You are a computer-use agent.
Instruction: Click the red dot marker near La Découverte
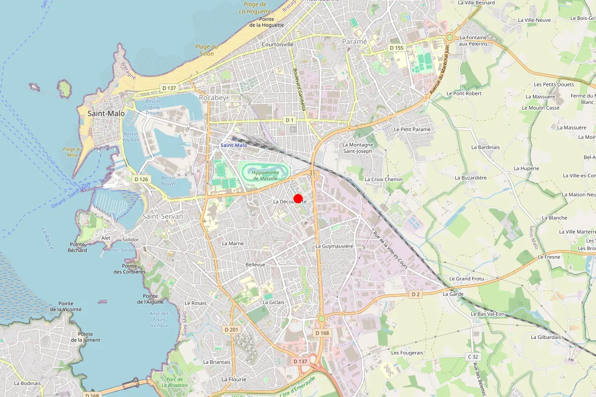tap(298, 198)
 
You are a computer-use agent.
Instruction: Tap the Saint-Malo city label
tap(106, 114)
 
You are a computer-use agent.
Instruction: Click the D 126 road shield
tap(141, 179)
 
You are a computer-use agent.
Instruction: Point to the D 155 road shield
tap(397, 48)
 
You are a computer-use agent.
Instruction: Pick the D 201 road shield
tap(231, 330)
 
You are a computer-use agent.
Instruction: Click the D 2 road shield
tap(416, 294)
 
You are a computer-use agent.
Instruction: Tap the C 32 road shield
tap(472, 357)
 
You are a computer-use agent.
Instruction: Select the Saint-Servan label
tap(163, 216)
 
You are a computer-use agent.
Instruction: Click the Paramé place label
tap(355, 42)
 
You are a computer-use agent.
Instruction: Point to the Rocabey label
tap(212, 98)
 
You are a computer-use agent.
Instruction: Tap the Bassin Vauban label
tap(131, 137)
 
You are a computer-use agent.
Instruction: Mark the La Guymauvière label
tap(334, 246)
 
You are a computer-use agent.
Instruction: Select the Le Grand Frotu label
tap(466, 279)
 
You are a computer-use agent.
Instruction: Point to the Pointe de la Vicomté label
tap(66, 306)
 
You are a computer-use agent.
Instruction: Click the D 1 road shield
tap(290, 120)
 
